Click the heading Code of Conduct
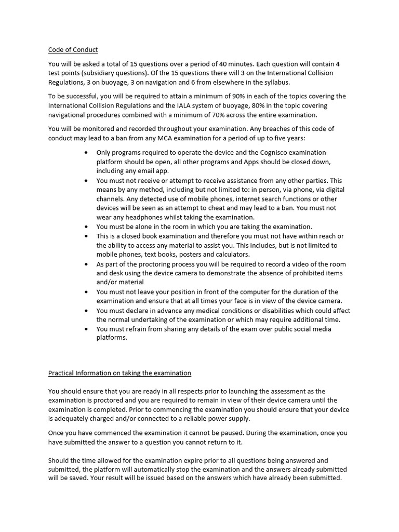pos(73,50)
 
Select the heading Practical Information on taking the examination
pos(119,373)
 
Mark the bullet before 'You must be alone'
pos(86,227)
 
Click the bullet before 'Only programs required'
pos(86,153)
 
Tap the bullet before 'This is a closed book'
pos(86,236)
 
